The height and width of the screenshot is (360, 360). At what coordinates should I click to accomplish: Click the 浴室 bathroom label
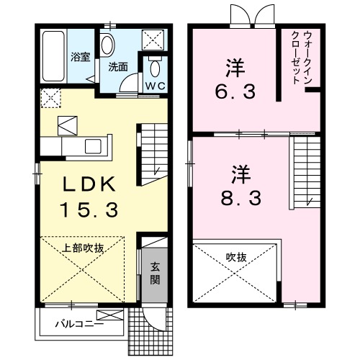tap(81, 57)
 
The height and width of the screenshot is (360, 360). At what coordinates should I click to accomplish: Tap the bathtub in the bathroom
tap(54, 56)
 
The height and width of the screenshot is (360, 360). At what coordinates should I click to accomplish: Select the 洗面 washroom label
tap(118, 67)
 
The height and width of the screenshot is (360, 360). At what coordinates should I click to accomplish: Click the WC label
tap(156, 86)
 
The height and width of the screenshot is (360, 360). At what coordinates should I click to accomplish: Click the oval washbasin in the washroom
tap(107, 45)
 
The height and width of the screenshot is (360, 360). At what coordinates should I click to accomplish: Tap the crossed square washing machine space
tap(153, 40)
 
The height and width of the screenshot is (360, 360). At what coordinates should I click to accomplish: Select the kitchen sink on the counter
tap(93, 146)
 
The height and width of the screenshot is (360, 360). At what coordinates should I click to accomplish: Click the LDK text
tap(89, 184)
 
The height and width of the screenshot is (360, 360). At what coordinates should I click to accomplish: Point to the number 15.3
tap(90, 210)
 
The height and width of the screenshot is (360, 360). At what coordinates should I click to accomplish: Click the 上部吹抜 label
tap(83, 248)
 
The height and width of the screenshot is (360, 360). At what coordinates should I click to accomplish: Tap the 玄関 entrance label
tap(155, 273)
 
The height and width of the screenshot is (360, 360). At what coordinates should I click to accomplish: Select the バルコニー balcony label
tap(80, 324)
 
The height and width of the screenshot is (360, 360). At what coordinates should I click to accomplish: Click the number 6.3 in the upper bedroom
tap(235, 92)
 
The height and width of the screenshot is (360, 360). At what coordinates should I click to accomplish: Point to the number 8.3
tap(241, 198)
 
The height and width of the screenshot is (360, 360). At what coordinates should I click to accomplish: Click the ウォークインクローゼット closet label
tap(302, 57)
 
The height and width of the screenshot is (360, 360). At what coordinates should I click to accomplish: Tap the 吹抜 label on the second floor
tap(236, 258)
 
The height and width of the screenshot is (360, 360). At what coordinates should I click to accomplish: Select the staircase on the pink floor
tap(305, 172)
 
